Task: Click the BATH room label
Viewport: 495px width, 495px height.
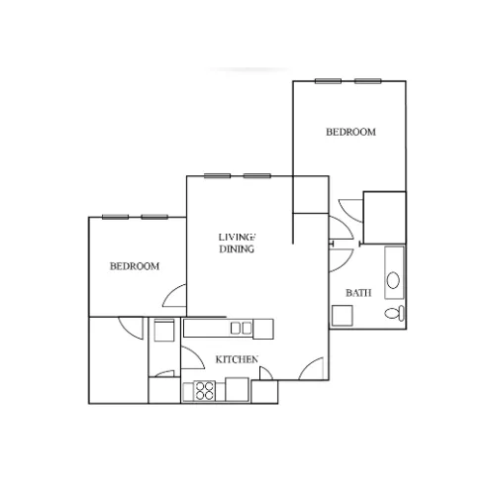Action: click(358, 293)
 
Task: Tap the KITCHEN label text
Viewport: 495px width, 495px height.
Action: click(237, 359)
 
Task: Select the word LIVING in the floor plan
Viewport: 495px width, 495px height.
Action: click(237, 237)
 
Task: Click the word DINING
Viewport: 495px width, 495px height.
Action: click(237, 248)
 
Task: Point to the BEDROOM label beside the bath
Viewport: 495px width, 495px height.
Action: click(350, 132)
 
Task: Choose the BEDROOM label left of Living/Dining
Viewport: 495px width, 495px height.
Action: click(135, 266)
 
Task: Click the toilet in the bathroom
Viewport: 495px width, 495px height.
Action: click(394, 313)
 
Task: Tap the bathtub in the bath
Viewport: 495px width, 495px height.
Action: click(394, 272)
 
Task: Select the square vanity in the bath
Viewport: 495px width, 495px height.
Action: click(343, 315)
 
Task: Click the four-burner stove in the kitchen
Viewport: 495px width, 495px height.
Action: click(204, 391)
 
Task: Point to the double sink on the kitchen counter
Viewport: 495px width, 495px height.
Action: click(241, 329)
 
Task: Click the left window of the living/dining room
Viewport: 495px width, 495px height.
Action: click(217, 176)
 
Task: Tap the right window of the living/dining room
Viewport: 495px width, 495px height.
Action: click(257, 176)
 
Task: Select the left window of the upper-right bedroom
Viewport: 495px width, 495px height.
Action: click(328, 81)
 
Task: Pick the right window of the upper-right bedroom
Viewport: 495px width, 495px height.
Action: click(368, 81)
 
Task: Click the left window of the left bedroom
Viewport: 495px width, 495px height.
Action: click(115, 217)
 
